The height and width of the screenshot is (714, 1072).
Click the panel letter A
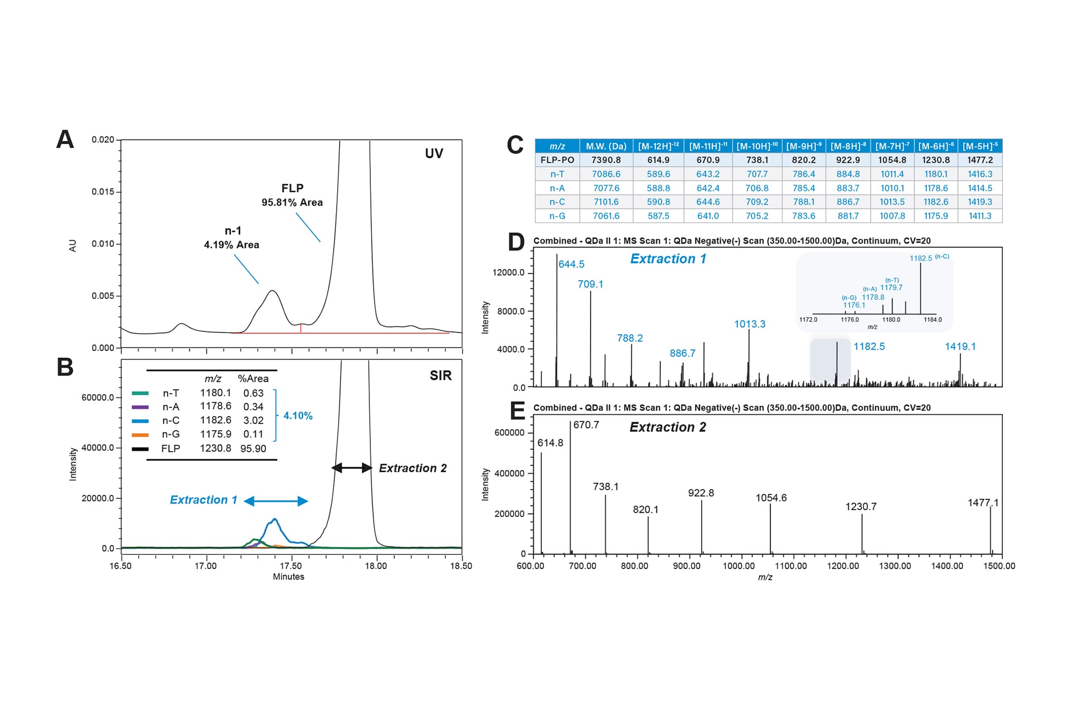tap(65, 140)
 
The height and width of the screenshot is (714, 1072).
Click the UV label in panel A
tap(434, 154)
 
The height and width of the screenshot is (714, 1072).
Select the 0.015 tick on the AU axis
tap(103, 192)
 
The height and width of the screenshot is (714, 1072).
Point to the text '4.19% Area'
tap(232, 245)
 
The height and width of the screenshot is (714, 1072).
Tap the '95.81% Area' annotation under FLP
tap(292, 202)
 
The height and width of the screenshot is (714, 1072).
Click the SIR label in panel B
tap(440, 375)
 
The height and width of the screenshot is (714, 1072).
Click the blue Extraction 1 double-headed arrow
tap(276, 501)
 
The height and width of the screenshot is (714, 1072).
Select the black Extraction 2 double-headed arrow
tap(352, 468)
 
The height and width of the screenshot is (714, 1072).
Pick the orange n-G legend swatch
tap(140, 434)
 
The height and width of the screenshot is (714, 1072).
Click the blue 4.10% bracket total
tap(297, 416)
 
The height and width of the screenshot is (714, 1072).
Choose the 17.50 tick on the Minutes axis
tap(291, 566)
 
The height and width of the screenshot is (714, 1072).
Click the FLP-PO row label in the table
tap(557, 160)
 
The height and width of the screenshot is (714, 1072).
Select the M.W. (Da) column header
tap(606, 146)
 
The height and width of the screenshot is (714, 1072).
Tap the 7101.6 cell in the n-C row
tap(606, 202)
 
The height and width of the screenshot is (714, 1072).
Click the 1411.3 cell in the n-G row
tap(979, 216)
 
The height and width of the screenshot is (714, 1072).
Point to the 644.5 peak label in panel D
tap(571, 264)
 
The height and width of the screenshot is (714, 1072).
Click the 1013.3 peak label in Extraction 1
tap(749, 324)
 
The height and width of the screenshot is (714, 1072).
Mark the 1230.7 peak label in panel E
tap(861, 507)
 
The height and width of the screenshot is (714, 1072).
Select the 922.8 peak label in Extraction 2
tap(701, 493)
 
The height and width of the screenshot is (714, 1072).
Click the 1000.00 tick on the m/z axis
tap(739, 566)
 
